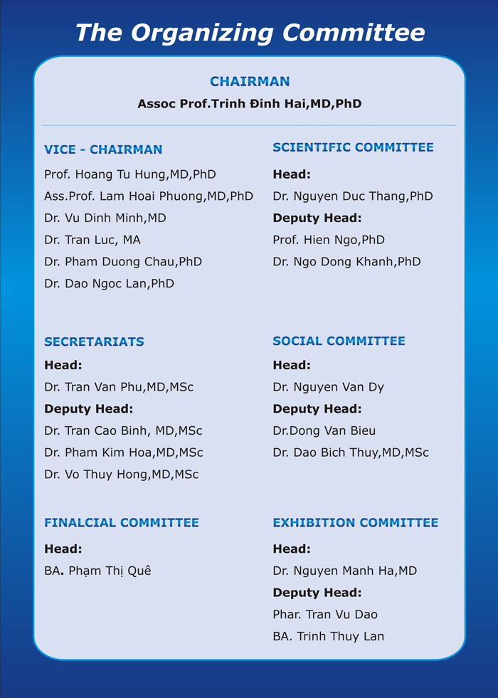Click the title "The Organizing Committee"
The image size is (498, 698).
[x=250, y=32]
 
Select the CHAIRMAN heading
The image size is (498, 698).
[x=250, y=82]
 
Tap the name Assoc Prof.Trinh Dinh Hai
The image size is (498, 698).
[x=250, y=104]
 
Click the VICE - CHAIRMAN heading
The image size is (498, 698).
[x=103, y=149]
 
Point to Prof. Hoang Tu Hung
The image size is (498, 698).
[x=130, y=174]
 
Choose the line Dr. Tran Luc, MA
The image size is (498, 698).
[x=92, y=240]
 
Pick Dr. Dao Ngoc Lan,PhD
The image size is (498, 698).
[x=109, y=283]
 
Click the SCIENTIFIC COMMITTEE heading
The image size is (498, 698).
[x=353, y=147]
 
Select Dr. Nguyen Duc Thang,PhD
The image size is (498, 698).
[x=353, y=196]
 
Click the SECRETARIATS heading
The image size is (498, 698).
[x=94, y=342]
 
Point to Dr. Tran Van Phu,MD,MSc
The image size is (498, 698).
[x=119, y=387]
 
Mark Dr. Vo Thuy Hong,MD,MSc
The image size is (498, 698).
[x=122, y=474]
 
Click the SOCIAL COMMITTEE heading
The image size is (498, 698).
[x=339, y=341]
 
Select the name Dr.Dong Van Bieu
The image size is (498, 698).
[x=324, y=430]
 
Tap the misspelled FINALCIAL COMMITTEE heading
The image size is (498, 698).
[x=122, y=522]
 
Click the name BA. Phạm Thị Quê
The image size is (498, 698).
[x=98, y=571]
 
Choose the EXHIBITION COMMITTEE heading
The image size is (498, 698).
[x=356, y=522]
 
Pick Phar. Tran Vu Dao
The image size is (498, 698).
[x=325, y=614]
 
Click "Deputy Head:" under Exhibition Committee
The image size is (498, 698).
[x=317, y=592]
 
